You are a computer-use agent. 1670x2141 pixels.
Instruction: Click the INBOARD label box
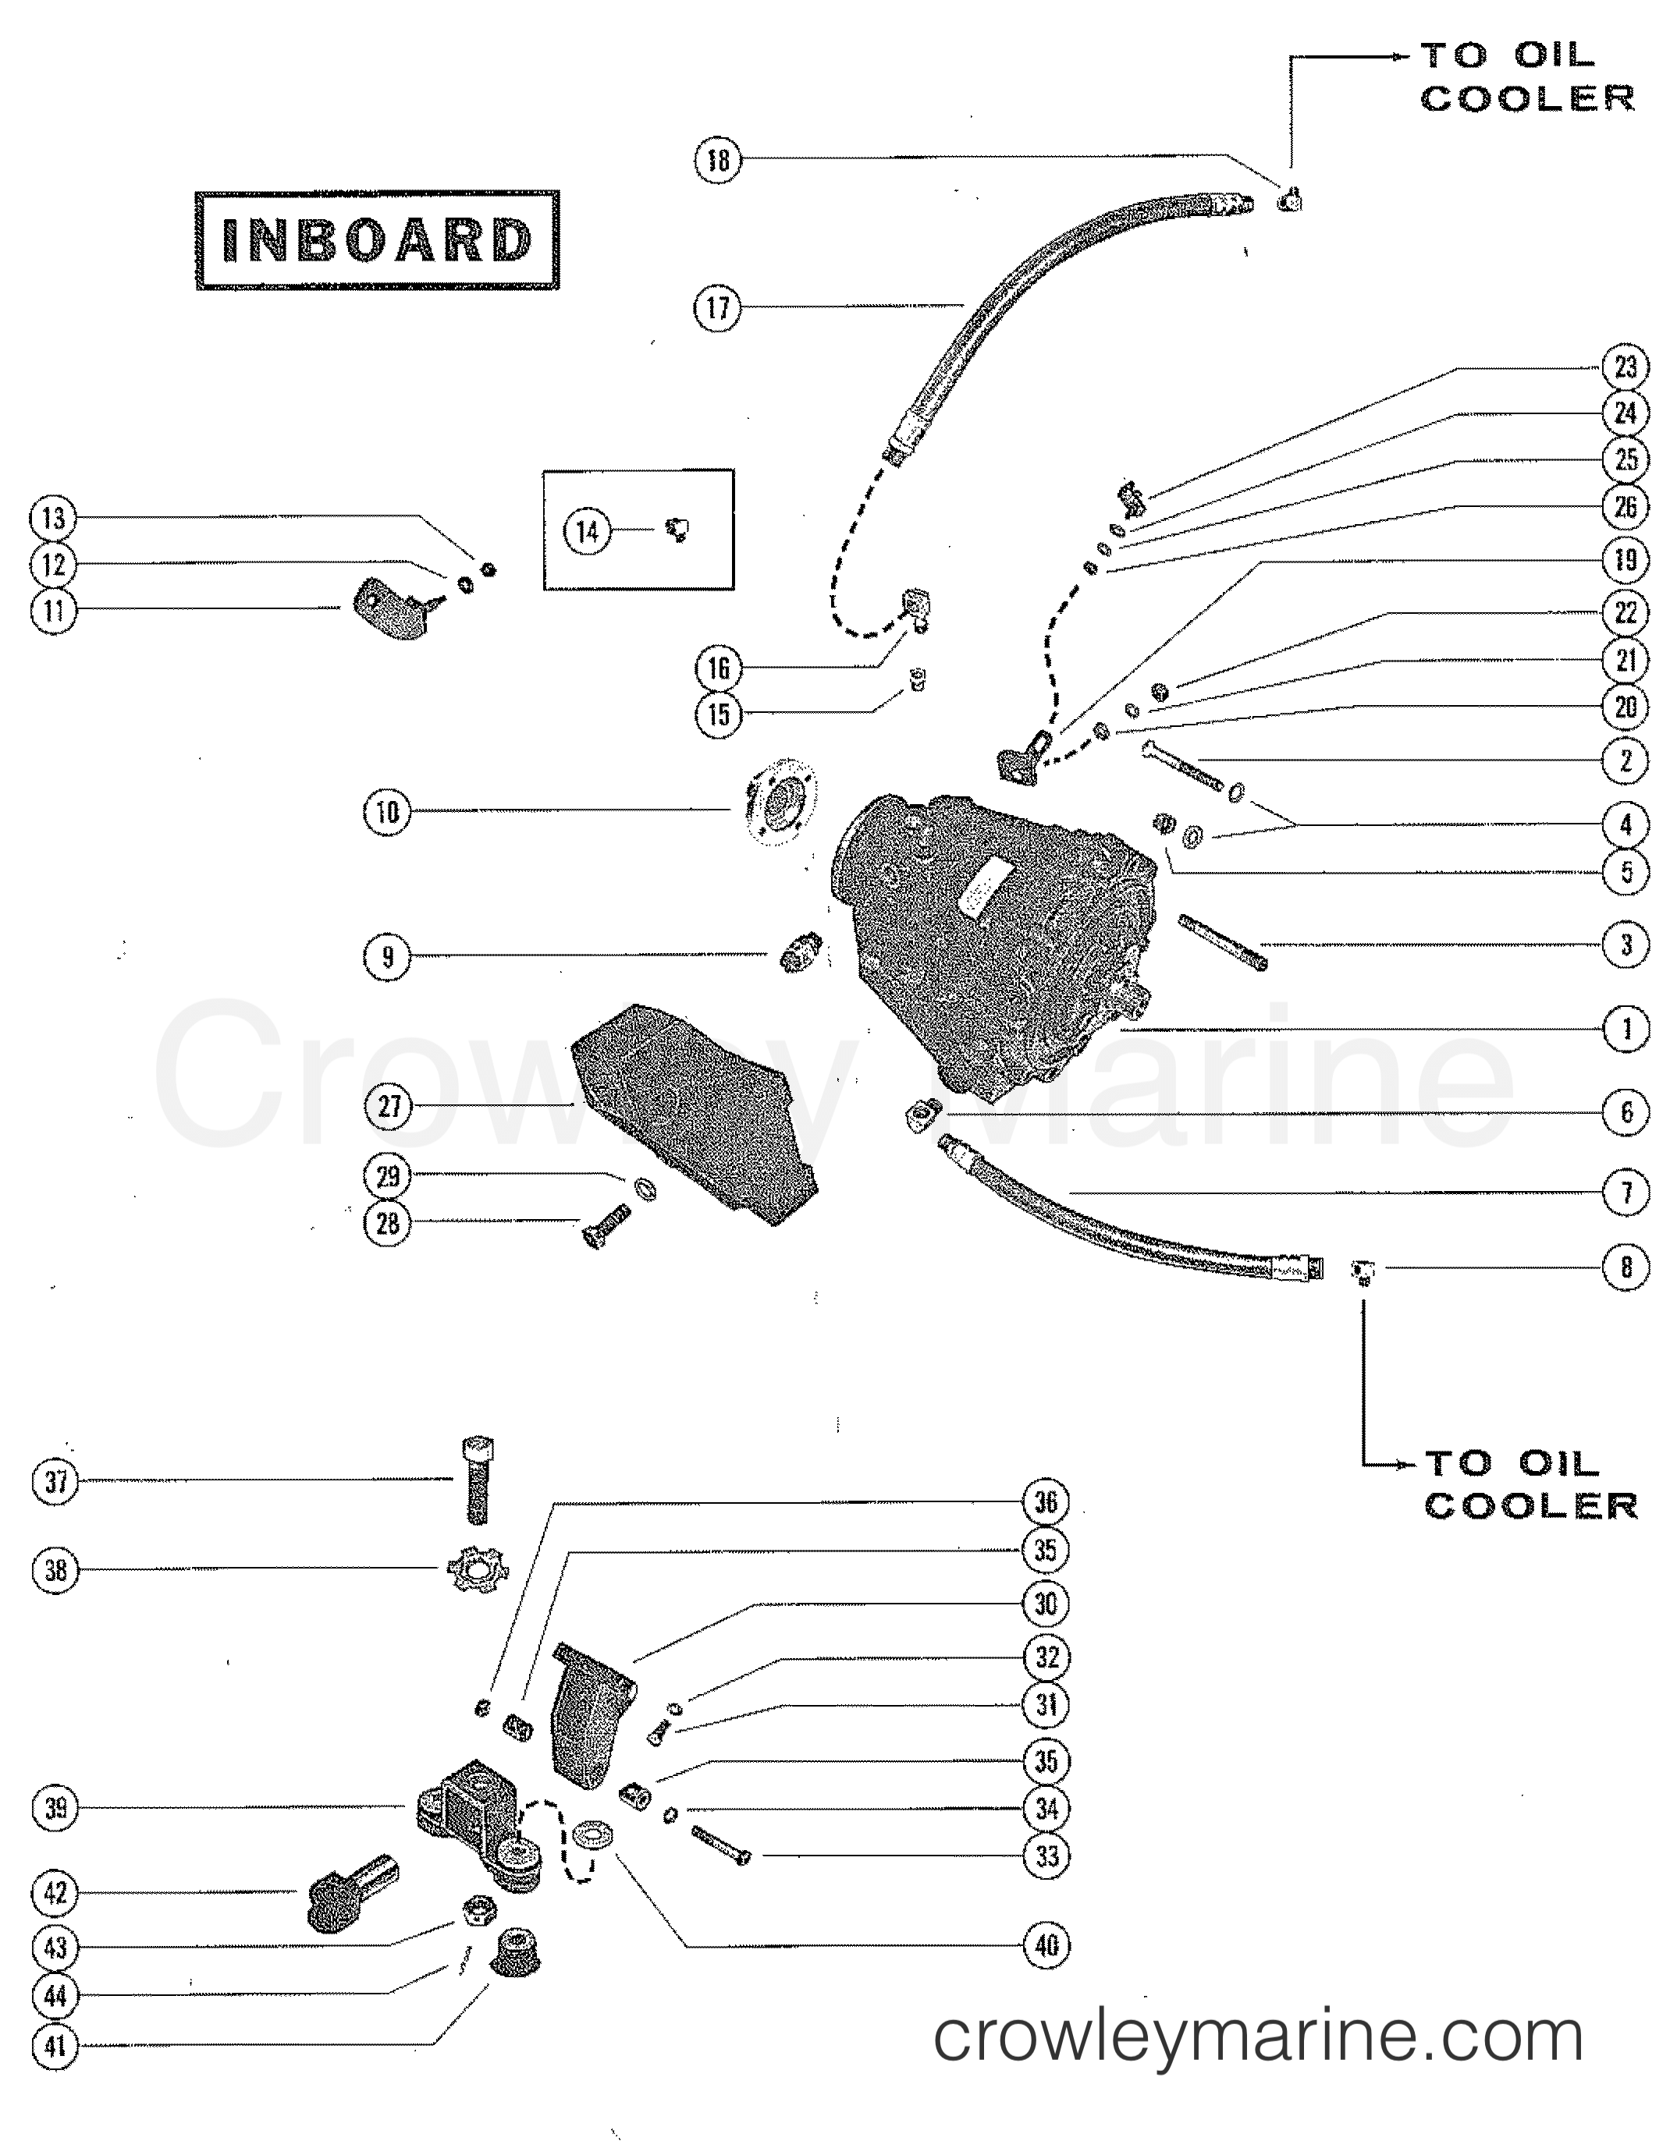point(377,240)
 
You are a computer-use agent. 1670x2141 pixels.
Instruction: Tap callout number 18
point(718,159)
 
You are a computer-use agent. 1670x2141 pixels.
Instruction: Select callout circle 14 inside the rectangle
point(586,531)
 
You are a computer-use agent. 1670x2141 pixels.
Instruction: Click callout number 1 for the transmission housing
point(1626,1030)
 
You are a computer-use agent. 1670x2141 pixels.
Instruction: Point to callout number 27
point(389,1106)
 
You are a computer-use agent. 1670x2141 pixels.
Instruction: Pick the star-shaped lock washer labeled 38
point(474,1571)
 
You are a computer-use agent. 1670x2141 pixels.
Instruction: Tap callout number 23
point(1626,367)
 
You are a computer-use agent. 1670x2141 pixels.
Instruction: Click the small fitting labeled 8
point(1362,1271)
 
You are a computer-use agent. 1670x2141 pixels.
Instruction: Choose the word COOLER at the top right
point(1527,98)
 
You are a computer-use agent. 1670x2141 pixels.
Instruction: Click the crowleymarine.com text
point(1258,2037)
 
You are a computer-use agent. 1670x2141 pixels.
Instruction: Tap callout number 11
point(54,611)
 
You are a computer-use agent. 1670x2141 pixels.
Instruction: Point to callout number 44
point(55,1995)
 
